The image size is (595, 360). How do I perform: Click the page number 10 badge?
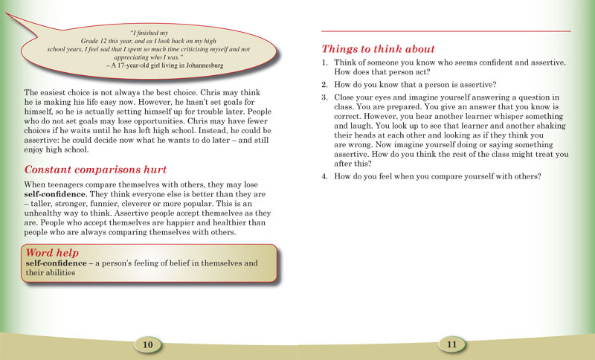[147, 344]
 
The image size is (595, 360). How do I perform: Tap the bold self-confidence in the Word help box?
[57, 264]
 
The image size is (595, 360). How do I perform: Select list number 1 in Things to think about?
[325, 62]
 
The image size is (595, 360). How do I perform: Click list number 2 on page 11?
[325, 85]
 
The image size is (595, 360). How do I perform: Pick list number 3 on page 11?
[325, 98]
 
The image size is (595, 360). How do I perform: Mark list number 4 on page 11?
[325, 176]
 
